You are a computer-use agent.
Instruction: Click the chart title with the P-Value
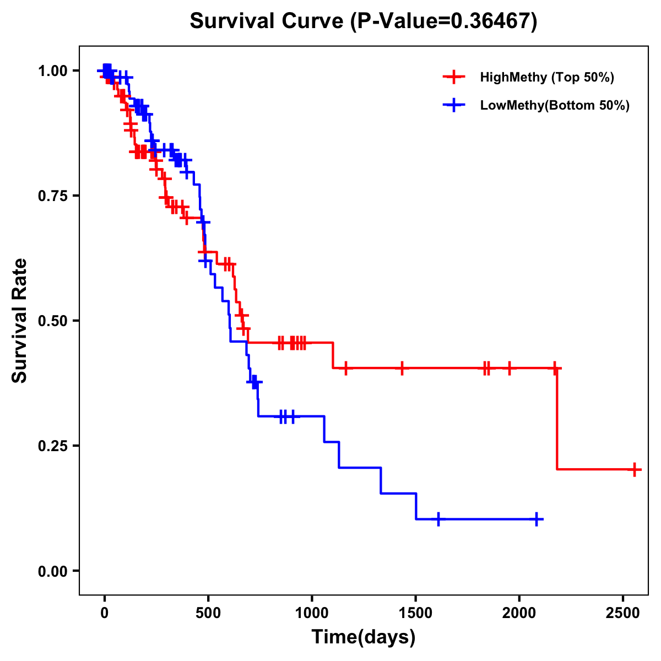click(364, 21)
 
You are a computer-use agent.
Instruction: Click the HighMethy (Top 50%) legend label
click(546, 77)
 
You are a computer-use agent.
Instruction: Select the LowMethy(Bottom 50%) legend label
click(555, 106)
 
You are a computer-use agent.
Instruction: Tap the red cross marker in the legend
click(454, 77)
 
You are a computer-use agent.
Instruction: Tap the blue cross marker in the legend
click(454, 106)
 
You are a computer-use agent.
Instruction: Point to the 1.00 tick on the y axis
click(53, 71)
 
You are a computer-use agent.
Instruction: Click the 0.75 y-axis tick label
click(53, 196)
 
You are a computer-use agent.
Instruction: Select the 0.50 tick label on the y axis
click(53, 321)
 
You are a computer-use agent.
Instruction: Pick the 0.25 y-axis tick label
click(53, 446)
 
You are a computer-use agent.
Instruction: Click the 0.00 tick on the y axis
click(53, 571)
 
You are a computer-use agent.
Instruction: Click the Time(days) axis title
click(364, 637)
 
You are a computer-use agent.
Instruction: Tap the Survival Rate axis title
click(20, 321)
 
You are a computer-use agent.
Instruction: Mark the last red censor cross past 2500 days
click(635, 470)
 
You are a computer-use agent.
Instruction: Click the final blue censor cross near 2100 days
click(537, 519)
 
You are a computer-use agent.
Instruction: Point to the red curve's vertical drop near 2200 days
click(557, 419)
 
